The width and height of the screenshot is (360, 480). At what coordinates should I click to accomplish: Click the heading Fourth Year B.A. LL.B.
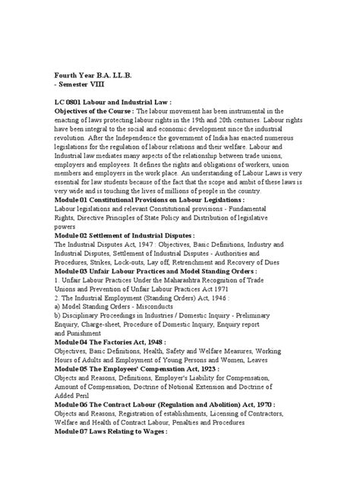[x=98, y=76]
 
